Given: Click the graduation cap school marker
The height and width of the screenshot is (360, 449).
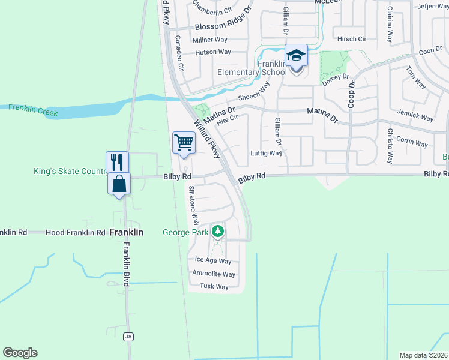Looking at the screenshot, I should tap(296, 56).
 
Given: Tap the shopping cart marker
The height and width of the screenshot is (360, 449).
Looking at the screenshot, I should tap(184, 143).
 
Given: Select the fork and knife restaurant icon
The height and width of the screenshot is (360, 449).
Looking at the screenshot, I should tap(117, 162).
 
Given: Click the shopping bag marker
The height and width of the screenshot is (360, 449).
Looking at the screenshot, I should tap(119, 183).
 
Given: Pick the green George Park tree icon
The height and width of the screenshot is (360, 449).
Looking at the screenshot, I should tap(218, 231).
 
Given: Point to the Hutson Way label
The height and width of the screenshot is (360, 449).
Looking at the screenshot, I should tap(213, 52).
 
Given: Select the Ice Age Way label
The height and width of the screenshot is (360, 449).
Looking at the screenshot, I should tap(213, 261).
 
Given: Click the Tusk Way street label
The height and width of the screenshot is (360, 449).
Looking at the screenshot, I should tap(214, 287).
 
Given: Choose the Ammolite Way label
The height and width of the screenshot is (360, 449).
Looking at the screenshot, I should tap(213, 274).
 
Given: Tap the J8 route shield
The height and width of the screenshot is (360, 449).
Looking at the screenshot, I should tap(128, 337).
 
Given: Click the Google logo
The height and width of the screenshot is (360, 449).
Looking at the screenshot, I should tap(20, 353).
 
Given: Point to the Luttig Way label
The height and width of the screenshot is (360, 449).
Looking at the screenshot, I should tap(266, 153).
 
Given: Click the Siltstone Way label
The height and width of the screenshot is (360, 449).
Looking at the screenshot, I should tap(193, 205).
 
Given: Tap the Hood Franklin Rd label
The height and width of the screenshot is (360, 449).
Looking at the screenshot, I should tap(79, 232).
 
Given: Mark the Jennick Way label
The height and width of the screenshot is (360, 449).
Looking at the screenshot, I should tap(415, 115).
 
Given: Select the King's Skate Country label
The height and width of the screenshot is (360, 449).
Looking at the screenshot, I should tap(69, 172).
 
